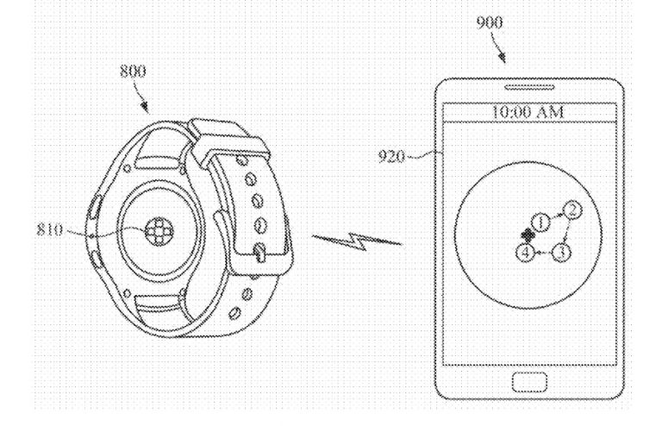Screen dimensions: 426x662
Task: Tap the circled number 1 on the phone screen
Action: (x=541, y=223)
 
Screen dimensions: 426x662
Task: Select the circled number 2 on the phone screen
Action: (x=575, y=209)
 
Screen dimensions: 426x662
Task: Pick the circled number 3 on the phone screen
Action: (x=561, y=253)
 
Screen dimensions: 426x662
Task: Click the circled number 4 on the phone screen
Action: (x=525, y=253)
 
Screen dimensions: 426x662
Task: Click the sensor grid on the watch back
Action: (x=160, y=231)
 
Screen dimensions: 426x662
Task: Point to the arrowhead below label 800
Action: (x=147, y=110)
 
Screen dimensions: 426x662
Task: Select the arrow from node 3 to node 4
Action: (x=543, y=254)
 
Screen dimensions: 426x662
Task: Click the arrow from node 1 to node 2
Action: (x=558, y=215)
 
